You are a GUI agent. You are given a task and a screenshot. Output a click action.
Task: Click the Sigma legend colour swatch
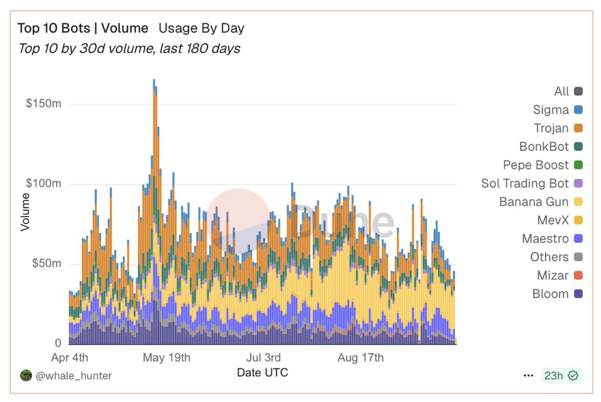(578, 110)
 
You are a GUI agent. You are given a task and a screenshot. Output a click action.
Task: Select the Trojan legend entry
(551, 128)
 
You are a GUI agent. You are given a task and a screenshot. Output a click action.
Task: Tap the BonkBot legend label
(544, 146)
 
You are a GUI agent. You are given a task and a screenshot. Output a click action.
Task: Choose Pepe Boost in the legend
(536, 165)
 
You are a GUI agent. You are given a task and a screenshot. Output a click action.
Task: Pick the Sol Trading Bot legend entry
(525, 183)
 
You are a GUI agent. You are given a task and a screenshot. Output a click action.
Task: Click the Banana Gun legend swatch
(578, 202)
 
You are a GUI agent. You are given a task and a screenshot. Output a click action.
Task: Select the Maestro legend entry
(545, 239)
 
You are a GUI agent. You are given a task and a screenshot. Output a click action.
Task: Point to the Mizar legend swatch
(578, 275)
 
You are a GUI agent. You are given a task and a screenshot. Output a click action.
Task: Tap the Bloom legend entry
(550, 294)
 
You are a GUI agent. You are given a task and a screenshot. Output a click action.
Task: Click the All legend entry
(561, 91)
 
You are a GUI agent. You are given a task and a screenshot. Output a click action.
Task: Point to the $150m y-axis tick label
(43, 104)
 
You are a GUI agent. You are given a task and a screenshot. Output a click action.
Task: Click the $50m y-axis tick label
(47, 263)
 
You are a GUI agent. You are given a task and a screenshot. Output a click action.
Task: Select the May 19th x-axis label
(166, 358)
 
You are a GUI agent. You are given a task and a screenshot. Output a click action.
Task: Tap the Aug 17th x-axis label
(360, 358)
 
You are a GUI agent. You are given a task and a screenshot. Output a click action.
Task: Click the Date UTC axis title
(263, 373)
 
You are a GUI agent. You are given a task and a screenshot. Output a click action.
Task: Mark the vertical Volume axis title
(25, 212)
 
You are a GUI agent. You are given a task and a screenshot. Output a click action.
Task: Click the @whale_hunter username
(74, 375)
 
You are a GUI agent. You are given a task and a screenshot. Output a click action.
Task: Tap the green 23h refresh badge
(561, 375)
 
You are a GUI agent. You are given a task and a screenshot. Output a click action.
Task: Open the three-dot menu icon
(528, 375)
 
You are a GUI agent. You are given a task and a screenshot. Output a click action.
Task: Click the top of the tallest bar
(154, 80)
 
